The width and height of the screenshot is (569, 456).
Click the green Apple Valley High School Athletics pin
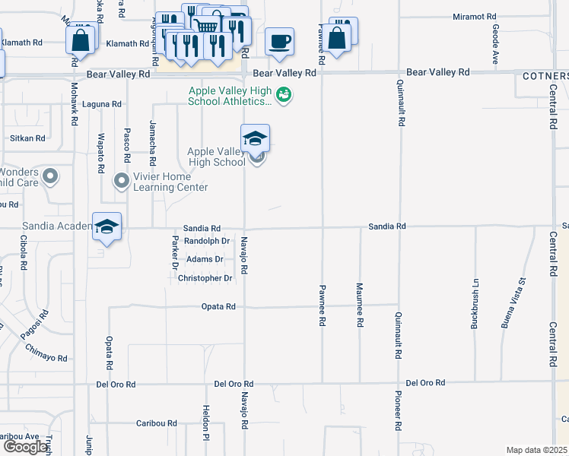[284, 95]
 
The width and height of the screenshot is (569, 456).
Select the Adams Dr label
[206, 259]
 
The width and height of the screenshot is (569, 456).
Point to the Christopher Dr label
[205, 278]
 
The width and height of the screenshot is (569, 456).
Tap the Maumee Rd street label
[359, 305]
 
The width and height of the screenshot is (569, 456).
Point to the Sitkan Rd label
[27, 138]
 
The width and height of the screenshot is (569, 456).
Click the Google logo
[25, 446]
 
